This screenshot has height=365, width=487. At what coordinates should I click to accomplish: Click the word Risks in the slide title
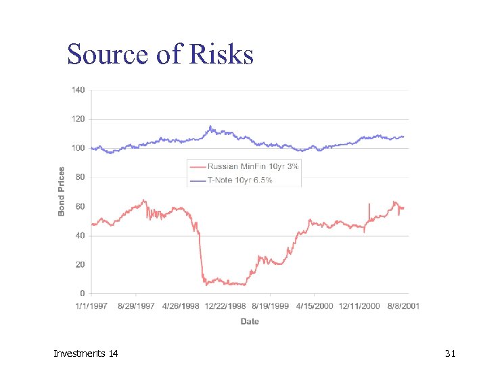(222, 54)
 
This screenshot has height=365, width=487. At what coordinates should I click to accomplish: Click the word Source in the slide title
(108, 54)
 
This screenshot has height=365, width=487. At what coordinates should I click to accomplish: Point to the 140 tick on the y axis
(78, 90)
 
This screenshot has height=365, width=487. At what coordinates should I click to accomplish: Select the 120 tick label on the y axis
(78, 119)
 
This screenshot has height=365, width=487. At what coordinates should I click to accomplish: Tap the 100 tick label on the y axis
(78, 148)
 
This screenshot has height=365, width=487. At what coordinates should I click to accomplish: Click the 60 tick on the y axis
(80, 206)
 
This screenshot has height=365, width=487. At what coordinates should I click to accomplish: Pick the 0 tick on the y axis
(83, 293)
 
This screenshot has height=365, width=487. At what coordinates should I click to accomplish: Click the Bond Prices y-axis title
(62, 192)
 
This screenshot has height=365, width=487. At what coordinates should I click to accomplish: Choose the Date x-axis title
(250, 321)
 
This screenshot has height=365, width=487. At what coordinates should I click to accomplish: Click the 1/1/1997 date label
(91, 306)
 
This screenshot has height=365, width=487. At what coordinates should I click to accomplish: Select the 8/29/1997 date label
(136, 306)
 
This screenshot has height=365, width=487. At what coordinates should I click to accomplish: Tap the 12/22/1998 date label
(225, 306)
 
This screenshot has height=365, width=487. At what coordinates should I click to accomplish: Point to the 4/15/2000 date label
(315, 306)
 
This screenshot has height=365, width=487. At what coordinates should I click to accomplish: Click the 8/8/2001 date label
(403, 306)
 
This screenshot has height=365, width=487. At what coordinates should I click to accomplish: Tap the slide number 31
(450, 354)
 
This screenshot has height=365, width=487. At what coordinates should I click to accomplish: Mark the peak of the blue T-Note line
(210, 126)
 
